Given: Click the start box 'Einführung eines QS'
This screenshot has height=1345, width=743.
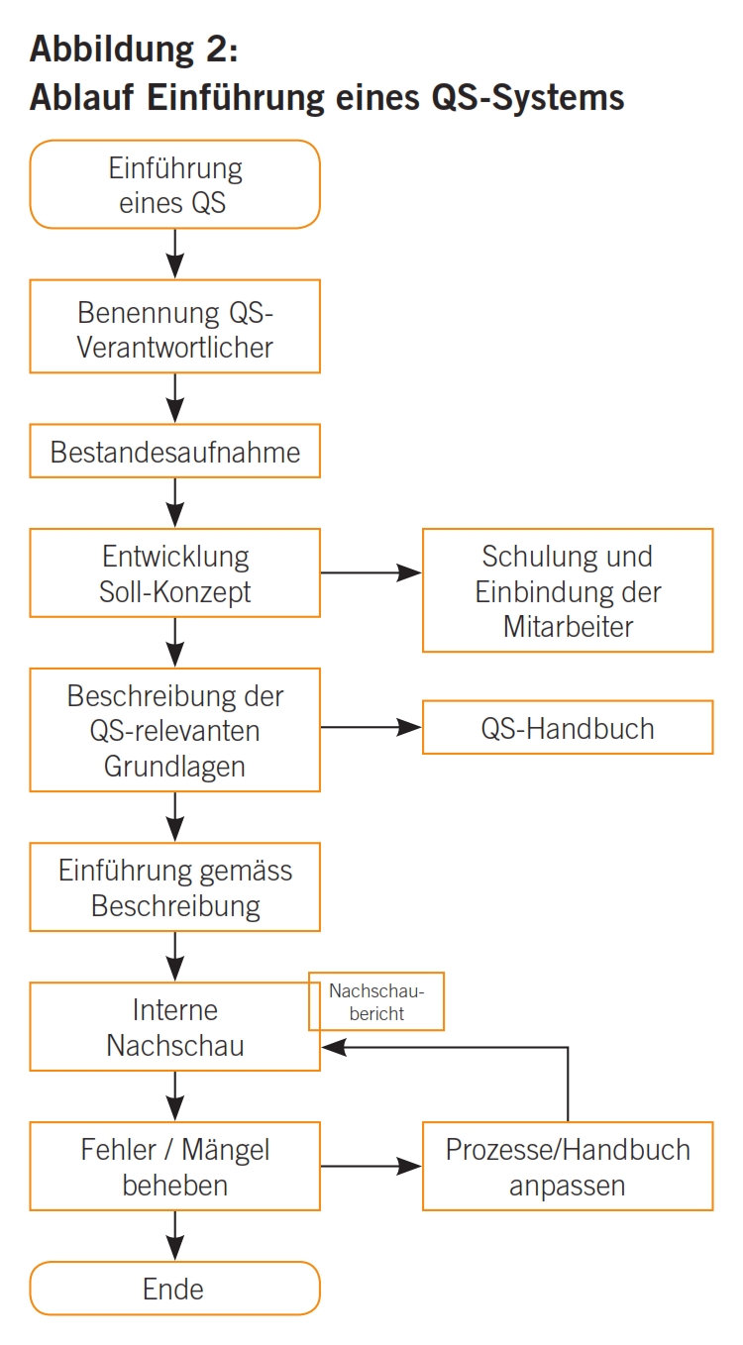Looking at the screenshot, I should [174, 184].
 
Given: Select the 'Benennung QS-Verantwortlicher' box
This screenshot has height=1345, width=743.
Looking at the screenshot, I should [174, 326].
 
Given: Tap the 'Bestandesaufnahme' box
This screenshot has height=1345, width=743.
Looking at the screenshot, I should [174, 452].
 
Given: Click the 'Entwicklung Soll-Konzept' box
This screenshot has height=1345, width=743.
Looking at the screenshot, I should [174, 572].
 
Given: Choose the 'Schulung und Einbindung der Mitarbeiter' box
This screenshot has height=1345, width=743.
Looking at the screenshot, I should [568, 590].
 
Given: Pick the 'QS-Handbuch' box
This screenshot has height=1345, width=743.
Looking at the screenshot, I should [568, 728].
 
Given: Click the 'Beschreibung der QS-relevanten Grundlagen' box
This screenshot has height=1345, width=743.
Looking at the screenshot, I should [174, 730].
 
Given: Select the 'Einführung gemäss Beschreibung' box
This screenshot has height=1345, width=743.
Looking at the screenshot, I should [174, 887].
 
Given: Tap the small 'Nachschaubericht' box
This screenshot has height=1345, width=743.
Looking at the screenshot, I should [376, 1001].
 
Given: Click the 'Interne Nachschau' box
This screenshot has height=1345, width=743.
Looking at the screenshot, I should [174, 1028].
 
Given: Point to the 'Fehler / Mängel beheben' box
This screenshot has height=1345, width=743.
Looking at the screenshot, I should [174, 1166].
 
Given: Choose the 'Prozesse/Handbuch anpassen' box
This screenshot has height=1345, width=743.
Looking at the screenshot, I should [568, 1166].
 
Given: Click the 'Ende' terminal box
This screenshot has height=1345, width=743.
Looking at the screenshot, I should [174, 1288].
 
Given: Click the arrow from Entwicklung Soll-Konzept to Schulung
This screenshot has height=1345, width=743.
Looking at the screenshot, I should [371, 572].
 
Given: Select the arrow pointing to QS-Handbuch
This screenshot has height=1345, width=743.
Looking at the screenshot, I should [371, 728].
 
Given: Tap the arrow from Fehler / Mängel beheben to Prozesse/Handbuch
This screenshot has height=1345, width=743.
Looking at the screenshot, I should [371, 1166].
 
